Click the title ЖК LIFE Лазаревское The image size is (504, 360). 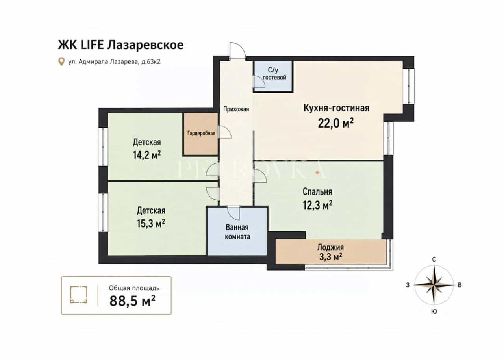121,45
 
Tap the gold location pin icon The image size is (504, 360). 61,61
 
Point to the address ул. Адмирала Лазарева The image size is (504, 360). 103,62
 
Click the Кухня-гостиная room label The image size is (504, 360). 336,108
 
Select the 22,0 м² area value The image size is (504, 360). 336,123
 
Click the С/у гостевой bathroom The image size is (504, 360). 273,76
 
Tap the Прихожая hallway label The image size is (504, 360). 236,109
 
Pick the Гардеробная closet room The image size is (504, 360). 201,134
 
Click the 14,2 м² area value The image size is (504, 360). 147,155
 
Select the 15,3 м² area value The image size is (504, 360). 151,223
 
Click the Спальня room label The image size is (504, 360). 317,192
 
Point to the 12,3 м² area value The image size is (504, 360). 317,205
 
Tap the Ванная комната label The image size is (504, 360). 237,232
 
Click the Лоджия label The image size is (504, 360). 330,247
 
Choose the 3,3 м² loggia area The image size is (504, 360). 331,257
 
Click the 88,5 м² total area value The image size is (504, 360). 133,301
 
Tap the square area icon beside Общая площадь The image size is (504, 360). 78,295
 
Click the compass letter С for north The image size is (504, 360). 434,260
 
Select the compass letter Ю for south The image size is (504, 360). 434,312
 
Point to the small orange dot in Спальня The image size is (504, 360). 317,173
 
